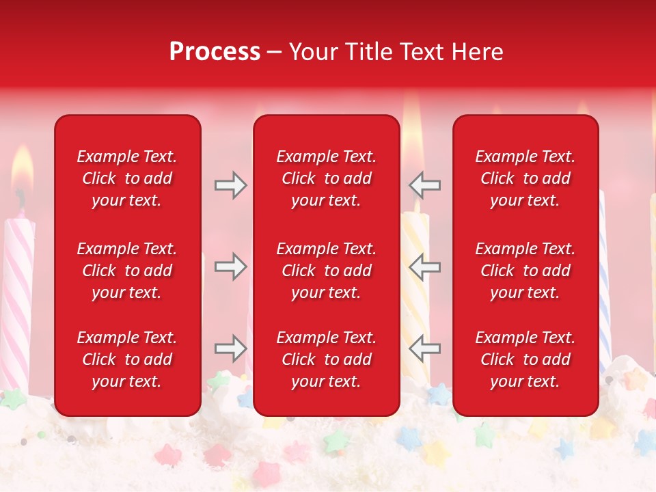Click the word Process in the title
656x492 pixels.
(215, 52)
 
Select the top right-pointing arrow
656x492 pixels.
(230, 185)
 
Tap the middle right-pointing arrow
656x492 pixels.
(230, 266)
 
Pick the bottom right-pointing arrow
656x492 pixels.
(230, 348)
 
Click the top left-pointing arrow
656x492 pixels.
(424, 185)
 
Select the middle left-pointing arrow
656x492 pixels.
(424, 266)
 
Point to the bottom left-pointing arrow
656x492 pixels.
(424, 348)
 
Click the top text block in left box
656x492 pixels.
(127, 178)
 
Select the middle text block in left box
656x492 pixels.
(127, 271)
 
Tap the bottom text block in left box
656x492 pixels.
(127, 359)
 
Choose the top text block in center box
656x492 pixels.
(326, 178)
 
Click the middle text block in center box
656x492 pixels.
(326, 271)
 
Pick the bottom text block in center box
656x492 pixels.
(326, 359)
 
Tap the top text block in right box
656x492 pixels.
(525, 178)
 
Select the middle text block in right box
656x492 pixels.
(525, 271)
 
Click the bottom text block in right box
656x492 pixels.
(525, 359)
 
